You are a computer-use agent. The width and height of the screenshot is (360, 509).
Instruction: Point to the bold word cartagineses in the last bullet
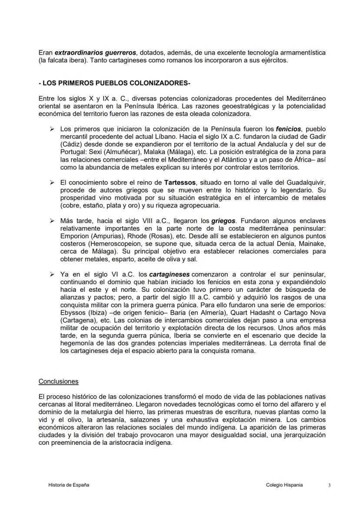click(170, 274)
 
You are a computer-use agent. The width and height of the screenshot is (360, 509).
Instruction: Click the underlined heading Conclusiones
click(58, 381)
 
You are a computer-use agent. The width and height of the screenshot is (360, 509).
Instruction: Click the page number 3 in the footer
click(330, 485)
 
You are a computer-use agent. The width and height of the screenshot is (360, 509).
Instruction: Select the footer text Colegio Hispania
click(284, 485)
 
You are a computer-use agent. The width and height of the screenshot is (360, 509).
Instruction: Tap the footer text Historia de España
click(69, 485)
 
